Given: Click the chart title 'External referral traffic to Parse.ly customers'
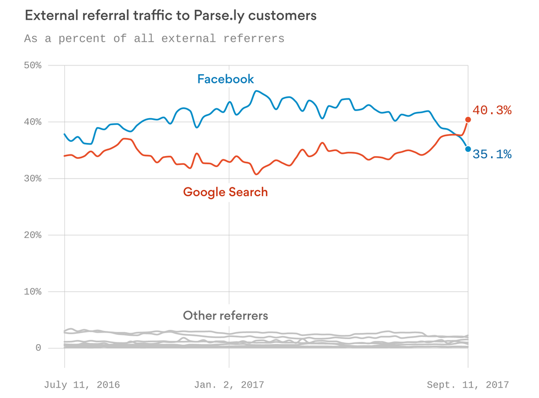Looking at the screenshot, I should coord(170,15).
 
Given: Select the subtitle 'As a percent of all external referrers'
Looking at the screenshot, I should coord(154,38).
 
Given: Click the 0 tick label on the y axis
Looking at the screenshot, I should coord(38,348).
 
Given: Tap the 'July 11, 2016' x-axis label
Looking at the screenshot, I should coord(81,385).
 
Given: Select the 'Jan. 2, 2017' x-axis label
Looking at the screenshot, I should coord(229,385).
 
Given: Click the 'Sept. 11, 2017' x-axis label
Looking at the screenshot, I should coord(468,385).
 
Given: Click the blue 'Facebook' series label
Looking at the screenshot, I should coord(226,79).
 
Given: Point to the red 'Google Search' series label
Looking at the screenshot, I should coord(226,192).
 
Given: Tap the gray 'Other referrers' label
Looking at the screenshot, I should coord(226,316).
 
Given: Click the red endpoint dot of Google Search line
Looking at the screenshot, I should coord(468,119).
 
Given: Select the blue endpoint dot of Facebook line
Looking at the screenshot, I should coord(468,149).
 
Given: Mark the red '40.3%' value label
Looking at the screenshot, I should coord(492,110).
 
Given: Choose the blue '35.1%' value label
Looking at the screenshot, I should coord(492,155).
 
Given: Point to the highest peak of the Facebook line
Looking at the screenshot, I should coord(256,91).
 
